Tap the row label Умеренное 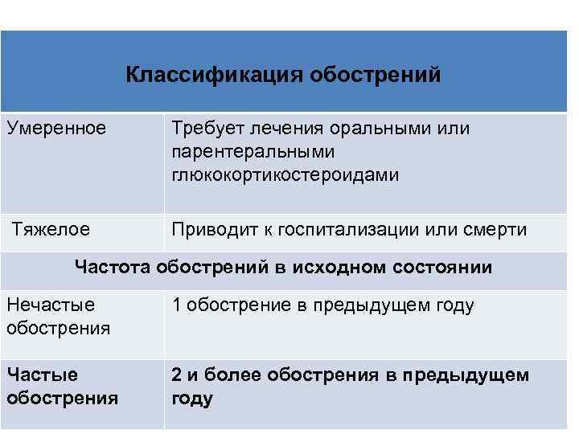pyautogui.click(x=55, y=128)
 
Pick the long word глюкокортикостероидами pyautogui.click(x=285, y=174)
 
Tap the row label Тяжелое pyautogui.click(x=51, y=230)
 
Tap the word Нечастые pyautogui.click(x=50, y=305)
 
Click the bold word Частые pyautogui.click(x=42, y=375)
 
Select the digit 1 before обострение pyautogui.click(x=175, y=305)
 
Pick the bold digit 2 pyautogui.click(x=176, y=375)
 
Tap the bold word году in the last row pyautogui.click(x=192, y=399)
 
